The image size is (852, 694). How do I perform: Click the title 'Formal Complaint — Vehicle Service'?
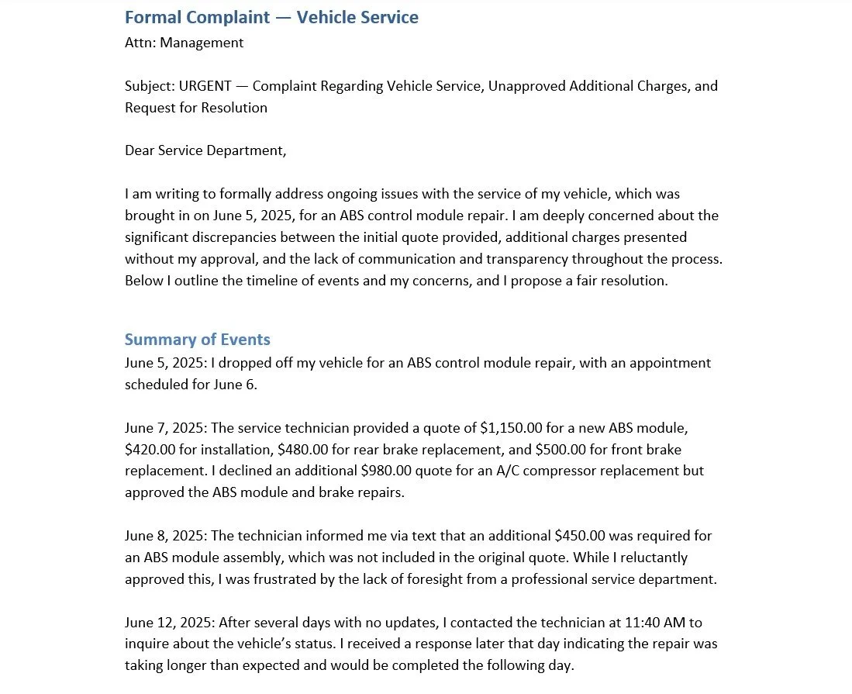pos(271,17)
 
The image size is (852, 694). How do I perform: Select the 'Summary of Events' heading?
pos(197,340)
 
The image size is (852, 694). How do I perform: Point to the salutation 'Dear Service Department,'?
pos(205,150)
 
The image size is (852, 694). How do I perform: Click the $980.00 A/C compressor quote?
pos(386,471)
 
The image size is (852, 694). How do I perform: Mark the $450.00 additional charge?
pos(580,536)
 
